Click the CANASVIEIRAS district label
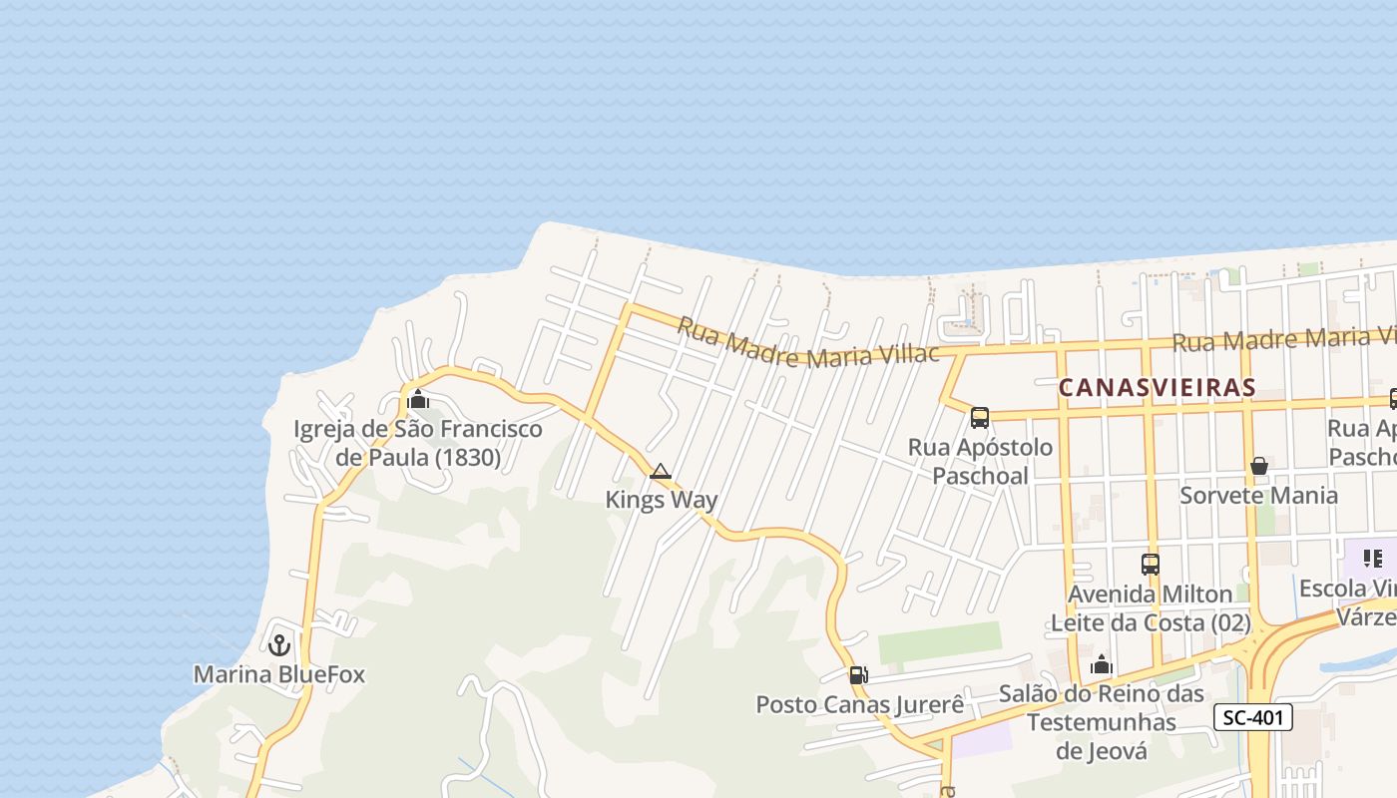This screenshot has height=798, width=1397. click(1156, 387)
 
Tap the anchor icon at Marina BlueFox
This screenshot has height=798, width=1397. click(279, 644)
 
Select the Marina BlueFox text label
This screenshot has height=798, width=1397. click(279, 674)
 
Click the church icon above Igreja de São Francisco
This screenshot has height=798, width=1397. click(418, 400)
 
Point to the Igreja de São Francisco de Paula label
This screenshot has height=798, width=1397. click(418, 444)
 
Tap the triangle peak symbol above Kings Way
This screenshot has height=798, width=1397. click(660, 471)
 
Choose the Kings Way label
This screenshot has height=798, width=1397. click(662, 500)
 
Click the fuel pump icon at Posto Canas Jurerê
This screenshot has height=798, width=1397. click(858, 675)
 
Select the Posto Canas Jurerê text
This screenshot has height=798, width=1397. click(860, 704)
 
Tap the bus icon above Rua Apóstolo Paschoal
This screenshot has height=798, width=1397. click(980, 418)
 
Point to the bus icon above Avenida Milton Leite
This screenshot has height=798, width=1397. click(1151, 565)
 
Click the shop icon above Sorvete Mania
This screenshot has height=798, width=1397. click(1259, 466)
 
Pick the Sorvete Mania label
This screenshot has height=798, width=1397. click(1259, 496)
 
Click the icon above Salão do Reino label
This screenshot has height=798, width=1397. click(1102, 664)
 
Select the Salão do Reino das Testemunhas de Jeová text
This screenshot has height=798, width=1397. click(1102, 722)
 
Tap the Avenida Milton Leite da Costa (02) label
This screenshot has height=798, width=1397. click(1151, 608)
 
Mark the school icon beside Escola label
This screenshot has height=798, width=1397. click(1373, 559)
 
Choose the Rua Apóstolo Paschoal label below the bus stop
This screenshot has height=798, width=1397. click(980, 462)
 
